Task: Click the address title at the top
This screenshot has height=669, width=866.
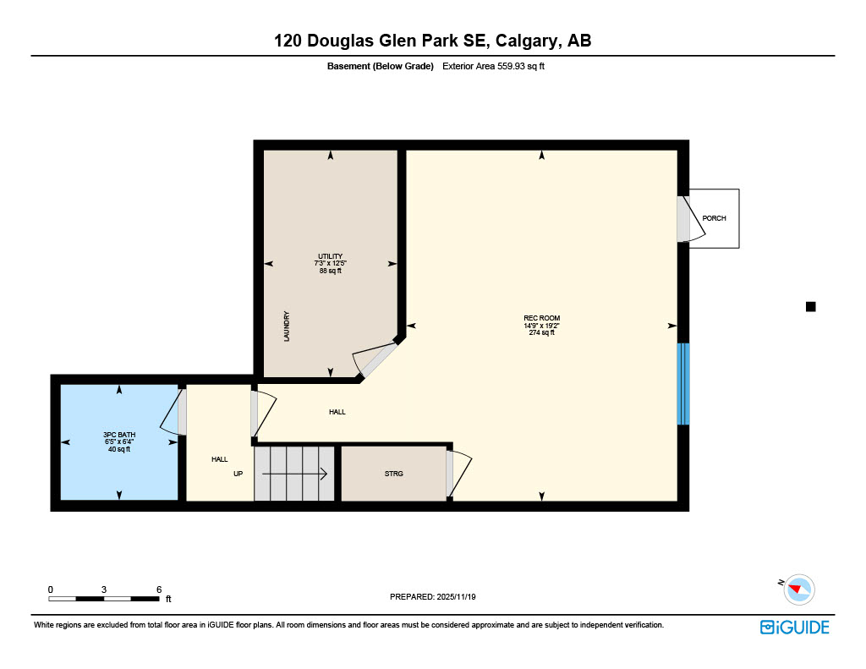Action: coord(432,41)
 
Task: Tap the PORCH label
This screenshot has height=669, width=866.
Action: coord(714,218)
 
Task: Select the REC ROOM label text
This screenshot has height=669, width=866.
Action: coord(541,318)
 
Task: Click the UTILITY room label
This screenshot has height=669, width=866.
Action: coord(330,256)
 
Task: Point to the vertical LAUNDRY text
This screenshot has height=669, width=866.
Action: coord(288,326)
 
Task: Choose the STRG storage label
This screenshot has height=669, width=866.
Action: coord(393,474)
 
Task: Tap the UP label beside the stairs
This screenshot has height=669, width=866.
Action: coord(238,474)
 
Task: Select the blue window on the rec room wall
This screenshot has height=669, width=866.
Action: coord(683,383)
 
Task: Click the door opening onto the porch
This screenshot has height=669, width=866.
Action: coord(683,219)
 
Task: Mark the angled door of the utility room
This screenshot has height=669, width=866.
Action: coord(376,360)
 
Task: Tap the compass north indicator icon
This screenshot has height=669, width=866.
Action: coord(797,589)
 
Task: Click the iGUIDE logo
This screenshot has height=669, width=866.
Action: coord(794,627)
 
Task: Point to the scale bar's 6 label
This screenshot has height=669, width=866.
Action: coord(158,589)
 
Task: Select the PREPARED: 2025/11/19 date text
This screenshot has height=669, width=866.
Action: coord(433,597)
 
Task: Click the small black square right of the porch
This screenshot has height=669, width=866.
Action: coord(810,307)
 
